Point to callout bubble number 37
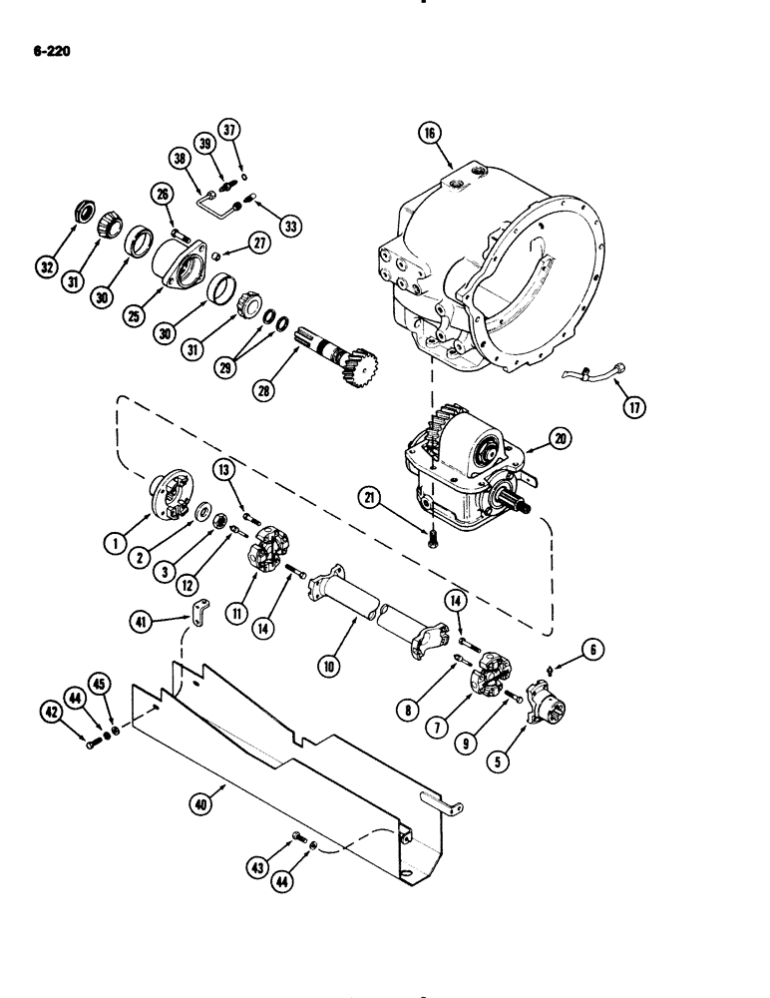231,131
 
